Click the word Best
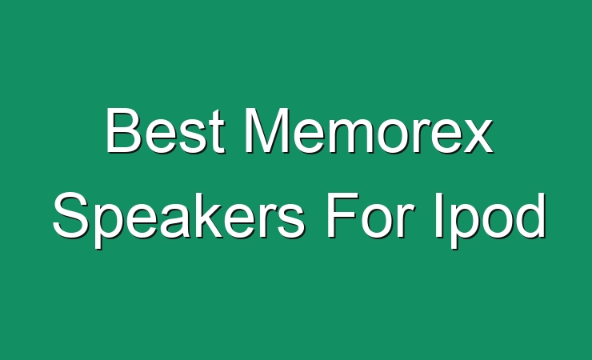166,130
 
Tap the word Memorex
369,130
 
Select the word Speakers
178,215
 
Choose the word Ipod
490,216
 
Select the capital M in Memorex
266,130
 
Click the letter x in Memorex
477,137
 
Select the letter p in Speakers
106,226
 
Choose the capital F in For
342,215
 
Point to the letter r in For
402,221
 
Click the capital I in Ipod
438,215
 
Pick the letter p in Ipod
466,226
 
